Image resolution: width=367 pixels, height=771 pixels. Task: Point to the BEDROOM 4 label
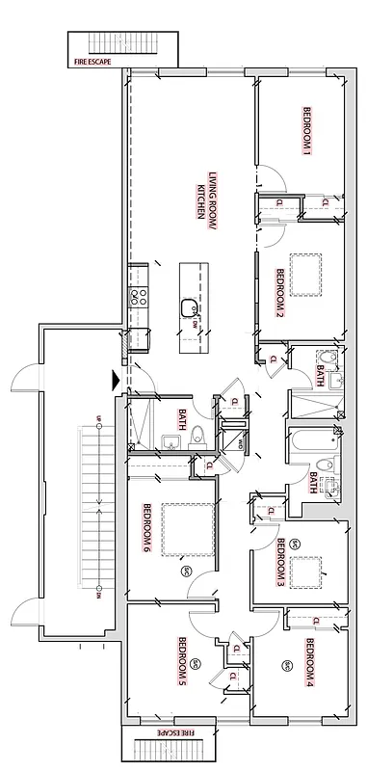[310, 666]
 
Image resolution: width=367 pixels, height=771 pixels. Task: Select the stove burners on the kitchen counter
[139, 297]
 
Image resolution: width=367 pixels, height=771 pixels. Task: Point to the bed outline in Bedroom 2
[306, 274]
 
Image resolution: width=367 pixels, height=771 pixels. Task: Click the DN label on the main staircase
[98, 595]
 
